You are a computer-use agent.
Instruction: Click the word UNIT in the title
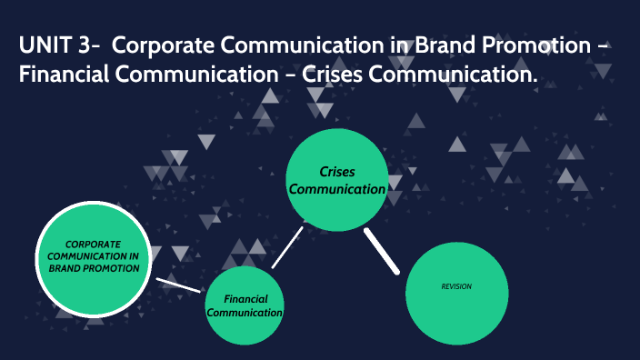click(x=45, y=45)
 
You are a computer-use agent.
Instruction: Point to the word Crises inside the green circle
click(x=336, y=171)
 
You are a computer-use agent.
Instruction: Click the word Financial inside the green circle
click(x=244, y=298)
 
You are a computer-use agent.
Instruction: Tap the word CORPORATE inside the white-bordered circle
click(x=94, y=244)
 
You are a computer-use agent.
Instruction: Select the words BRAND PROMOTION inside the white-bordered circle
click(x=94, y=269)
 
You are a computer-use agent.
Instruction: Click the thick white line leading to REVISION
click(x=382, y=250)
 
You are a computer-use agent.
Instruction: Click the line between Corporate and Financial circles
click(x=178, y=285)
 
